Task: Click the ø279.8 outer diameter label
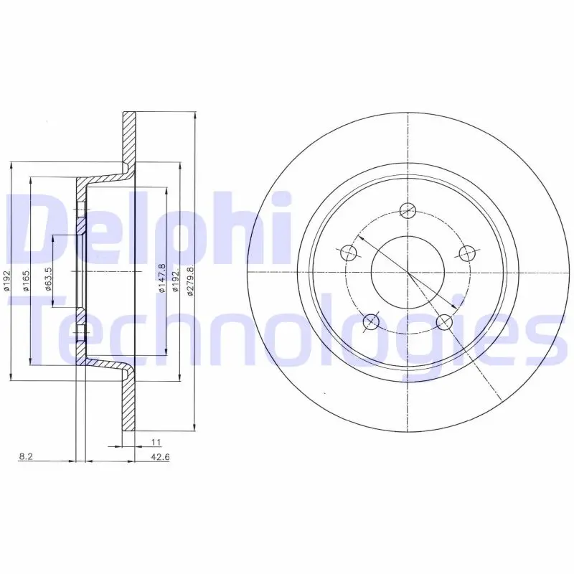tap(190, 281)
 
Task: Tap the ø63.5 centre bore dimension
tap(49, 279)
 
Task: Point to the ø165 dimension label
tap(27, 281)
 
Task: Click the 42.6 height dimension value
tap(160, 457)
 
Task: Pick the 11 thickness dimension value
tap(156, 442)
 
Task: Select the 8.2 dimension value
tap(26, 457)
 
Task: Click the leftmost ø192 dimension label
tap(6, 281)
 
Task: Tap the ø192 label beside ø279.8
tap(176, 281)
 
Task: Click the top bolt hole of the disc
tap(408, 210)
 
